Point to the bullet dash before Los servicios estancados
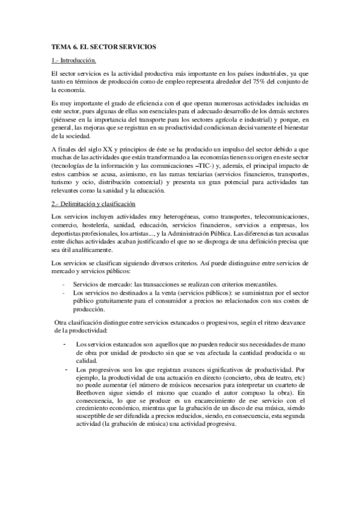64,343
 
